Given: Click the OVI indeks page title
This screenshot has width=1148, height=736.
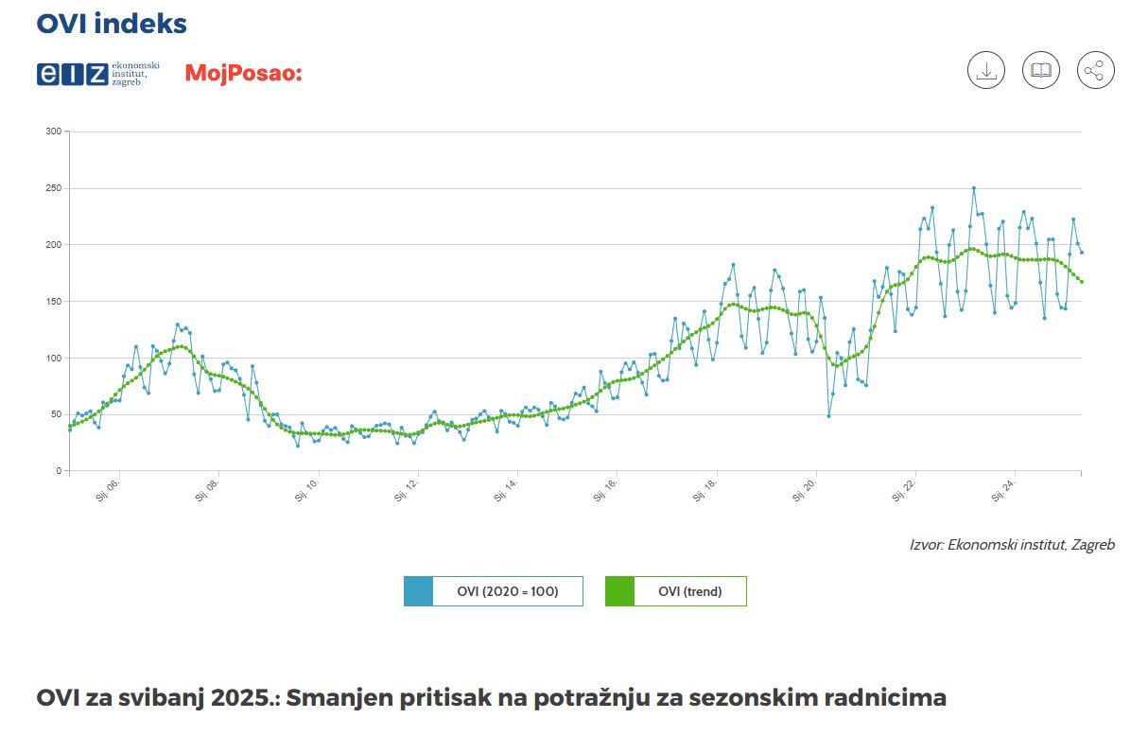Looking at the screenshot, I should (112, 24).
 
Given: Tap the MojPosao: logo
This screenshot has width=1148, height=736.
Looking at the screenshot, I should (243, 73).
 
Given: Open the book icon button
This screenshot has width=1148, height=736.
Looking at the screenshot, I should (1040, 71).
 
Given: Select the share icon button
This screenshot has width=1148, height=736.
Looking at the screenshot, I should (1095, 71).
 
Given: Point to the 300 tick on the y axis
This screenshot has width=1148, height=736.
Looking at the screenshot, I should (53, 131).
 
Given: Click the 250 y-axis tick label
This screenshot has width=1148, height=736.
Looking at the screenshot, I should (53, 188).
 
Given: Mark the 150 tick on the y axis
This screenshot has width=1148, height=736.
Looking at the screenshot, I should (53, 302).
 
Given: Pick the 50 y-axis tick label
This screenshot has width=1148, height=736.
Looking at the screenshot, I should (55, 414).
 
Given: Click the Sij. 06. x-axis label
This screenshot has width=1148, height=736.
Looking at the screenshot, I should (108, 491).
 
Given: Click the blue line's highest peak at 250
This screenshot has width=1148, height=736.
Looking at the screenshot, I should (973, 188).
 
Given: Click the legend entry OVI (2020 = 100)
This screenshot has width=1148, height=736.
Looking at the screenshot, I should (494, 592).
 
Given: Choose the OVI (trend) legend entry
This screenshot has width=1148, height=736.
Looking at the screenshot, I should (676, 592).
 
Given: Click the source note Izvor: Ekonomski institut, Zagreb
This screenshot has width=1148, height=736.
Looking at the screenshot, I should (1012, 545).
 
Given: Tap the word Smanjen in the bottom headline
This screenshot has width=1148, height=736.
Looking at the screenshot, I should (334, 698).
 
